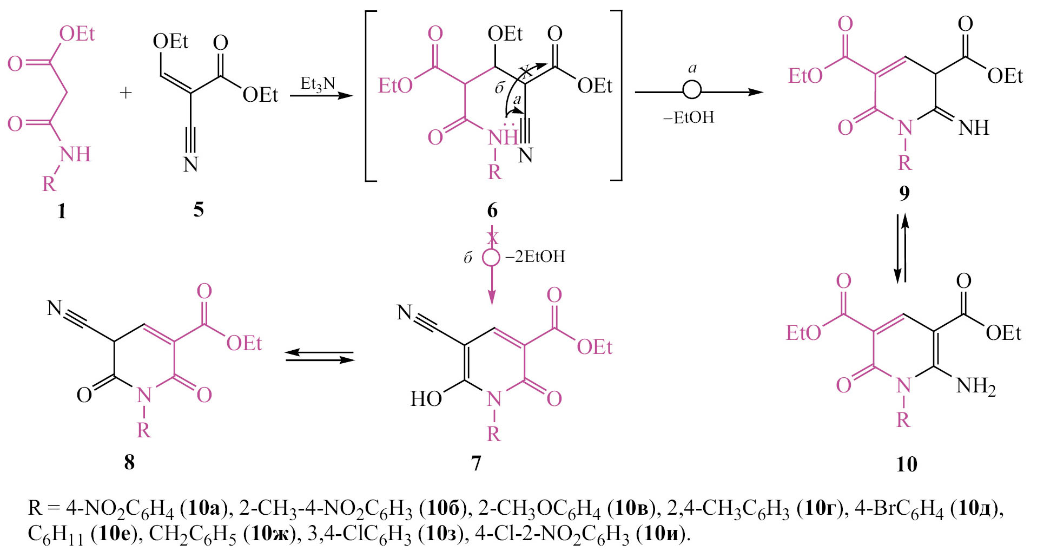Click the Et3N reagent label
click(318, 84)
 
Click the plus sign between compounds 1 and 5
click(126, 93)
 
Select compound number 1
click(62, 211)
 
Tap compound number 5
click(199, 209)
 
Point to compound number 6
click(492, 210)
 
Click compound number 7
click(476, 463)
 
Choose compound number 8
click(129, 462)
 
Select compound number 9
click(904, 193)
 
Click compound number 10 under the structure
click(907, 464)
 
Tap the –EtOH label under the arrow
click(689, 117)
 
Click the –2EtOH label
click(535, 256)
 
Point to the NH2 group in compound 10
click(976, 386)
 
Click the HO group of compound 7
click(426, 399)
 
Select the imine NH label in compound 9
click(974, 128)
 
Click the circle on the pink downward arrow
click(491, 257)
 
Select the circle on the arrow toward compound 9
click(692, 90)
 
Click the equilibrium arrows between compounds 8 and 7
click(319, 356)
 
